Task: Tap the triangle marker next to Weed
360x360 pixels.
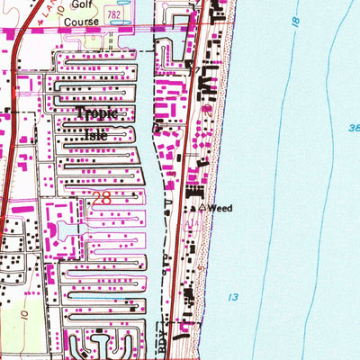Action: pos(202,208)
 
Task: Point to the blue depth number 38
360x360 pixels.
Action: pos(354,129)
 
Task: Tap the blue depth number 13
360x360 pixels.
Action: pos(233,296)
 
